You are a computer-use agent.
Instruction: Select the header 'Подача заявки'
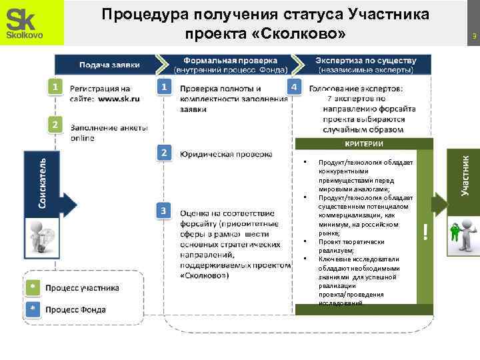tap(110, 65)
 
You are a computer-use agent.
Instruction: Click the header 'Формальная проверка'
tap(231, 59)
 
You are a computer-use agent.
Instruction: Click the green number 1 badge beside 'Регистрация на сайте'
tap(57, 87)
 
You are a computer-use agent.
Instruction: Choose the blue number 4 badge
tap(295, 87)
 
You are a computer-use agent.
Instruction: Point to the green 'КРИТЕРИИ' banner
tap(363, 145)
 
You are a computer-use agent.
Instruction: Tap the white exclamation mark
tap(425, 231)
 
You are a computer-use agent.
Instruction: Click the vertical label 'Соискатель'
tap(42, 183)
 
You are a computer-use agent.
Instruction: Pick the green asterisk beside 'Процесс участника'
tap(32, 287)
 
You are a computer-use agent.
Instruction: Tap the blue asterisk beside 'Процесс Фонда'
tap(32, 309)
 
